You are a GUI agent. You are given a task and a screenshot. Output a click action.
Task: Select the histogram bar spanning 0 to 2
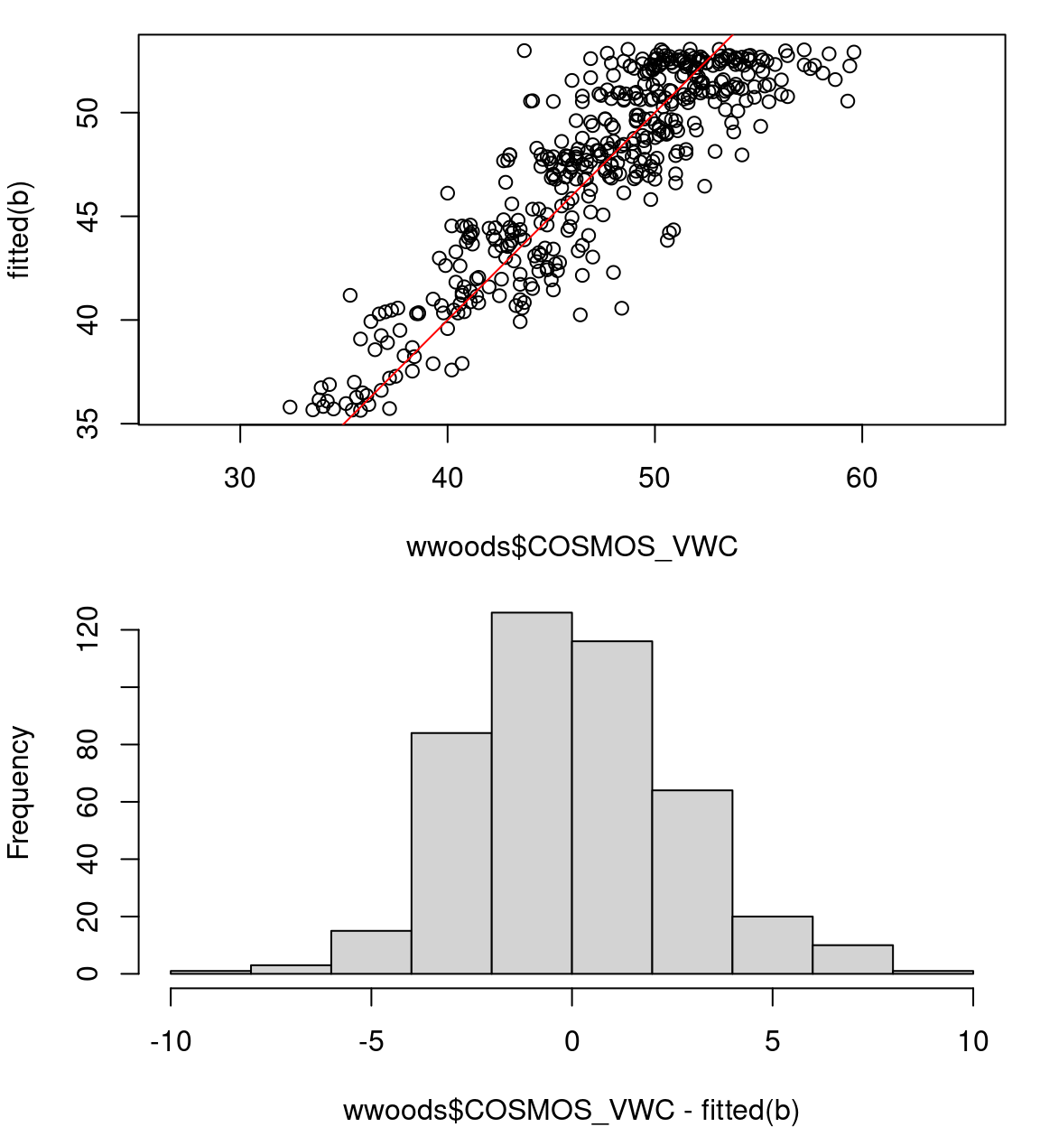[x=612, y=807]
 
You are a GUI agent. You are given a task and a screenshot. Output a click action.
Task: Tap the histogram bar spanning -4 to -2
[x=451, y=852]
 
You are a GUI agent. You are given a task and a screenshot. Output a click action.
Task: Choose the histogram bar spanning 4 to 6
[x=773, y=945]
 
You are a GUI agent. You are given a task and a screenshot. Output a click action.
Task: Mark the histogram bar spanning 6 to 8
[x=853, y=959]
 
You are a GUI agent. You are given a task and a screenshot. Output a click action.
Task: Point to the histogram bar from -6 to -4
[x=371, y=952]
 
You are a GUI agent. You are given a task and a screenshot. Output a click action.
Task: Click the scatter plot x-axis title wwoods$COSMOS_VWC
[x=572, y=547]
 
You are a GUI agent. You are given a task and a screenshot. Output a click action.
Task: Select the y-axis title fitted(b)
[x=20, y=230]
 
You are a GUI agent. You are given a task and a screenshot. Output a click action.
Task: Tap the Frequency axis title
[x=20, y=792]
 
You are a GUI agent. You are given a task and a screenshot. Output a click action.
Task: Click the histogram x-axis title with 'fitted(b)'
[x=571, y=1110]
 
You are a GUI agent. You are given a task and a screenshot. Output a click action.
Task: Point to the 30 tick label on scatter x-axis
[x=240, y=478]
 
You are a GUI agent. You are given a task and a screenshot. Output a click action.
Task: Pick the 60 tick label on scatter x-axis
[x=862, y=478]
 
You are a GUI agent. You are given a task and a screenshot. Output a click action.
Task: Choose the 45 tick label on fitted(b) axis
[x=88, y=217]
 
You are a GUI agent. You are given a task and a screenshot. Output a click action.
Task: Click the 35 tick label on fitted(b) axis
[x=88, y=424]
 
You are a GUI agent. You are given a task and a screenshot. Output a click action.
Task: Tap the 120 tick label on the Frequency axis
[x=88, y=629]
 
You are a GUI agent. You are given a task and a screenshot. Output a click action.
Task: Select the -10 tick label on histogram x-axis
[x=171, y=1042]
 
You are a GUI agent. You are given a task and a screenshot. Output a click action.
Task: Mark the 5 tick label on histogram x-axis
[x=773, y=1042]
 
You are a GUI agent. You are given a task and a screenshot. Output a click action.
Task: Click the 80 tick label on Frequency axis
[x=88, y=744]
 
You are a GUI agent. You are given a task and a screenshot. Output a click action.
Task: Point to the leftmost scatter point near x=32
[x=290, y=407]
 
